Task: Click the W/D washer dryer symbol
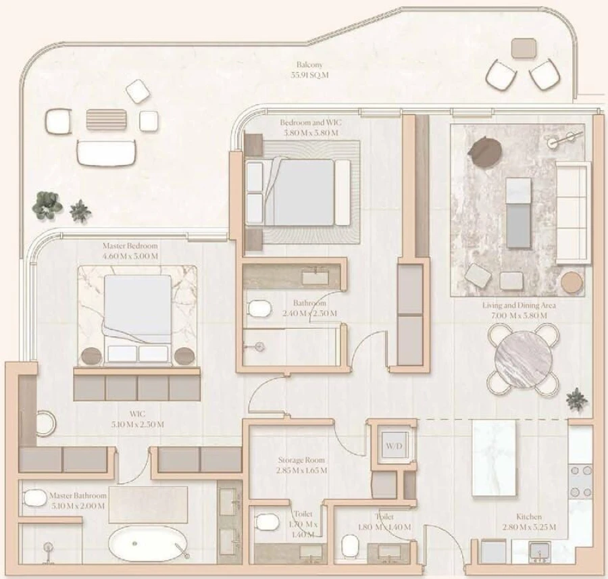pos(392,447)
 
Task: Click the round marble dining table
pos(522,359)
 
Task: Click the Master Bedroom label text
pos(130,251)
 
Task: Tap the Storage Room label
pos(302,465)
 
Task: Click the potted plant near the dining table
pos(576,399)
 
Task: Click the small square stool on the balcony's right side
pos(523,47)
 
